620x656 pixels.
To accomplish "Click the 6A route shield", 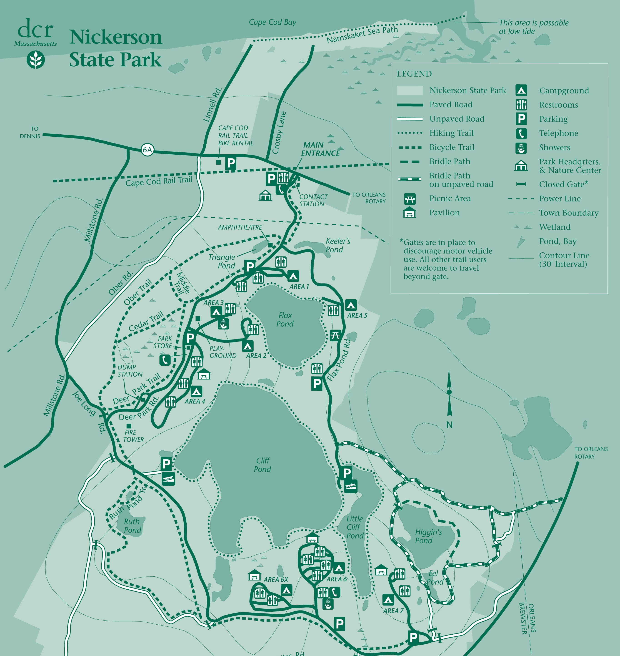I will [147, 150].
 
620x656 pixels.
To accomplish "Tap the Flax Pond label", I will [285, 319].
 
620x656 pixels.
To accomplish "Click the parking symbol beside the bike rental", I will [231, 163].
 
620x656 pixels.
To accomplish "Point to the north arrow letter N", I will [449, 425].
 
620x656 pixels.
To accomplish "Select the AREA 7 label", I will [393, 611].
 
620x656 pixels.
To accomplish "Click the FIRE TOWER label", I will [133, 436].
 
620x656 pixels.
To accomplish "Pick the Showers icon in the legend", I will [521, 148].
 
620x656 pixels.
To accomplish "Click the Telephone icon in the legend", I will [521, 133].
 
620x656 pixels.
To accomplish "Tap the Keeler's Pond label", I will [337, 245].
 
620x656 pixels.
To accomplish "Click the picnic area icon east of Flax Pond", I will [335, 336].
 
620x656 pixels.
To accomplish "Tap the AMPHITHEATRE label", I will [240, 227].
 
